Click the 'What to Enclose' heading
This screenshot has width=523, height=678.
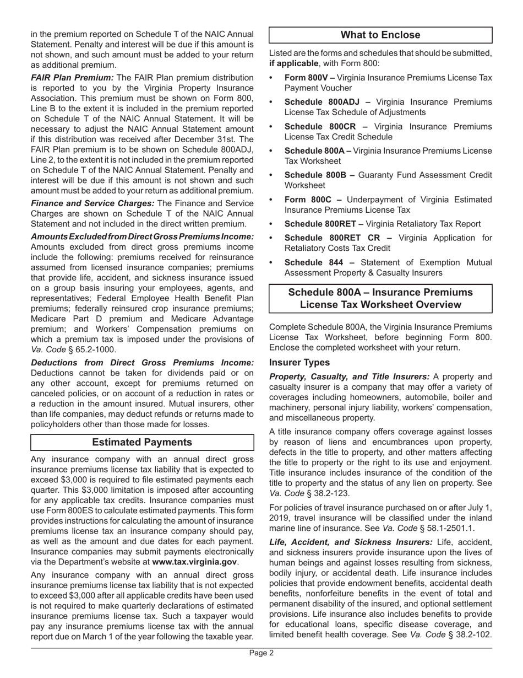pyautogui.click(x=380, y=35)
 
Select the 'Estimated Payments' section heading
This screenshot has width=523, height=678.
pyautogui.click(x=142, y=442)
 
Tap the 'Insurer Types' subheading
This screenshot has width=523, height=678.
pyautogui.click(x=299, y=362)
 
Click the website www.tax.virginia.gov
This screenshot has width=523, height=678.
pyautogui.click(x=194, y=562)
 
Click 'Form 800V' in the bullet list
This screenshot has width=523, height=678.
pyautogui.click(x=308, y=78)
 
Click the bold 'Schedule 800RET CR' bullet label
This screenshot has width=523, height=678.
pyautogui.click(x=332, y=238)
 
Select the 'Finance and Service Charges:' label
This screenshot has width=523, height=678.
pyautogui.click(x=92, y=203)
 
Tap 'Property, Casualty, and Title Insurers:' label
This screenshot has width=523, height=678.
pyautogui.click(x=349, y=376)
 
